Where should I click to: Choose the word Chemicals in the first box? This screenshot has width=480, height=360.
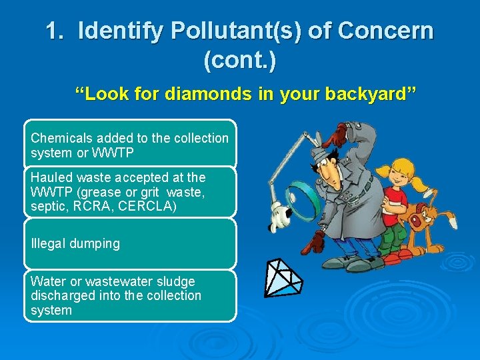point(62,138)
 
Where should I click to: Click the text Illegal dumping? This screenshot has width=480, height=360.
point(75,243)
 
